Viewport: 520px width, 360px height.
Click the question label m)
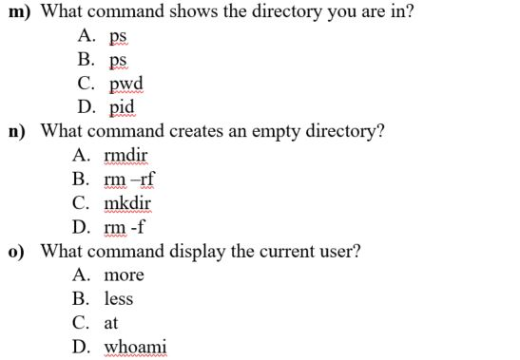(21, 12)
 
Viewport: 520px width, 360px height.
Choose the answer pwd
(124, 85)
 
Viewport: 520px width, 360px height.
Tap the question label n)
(18, 131)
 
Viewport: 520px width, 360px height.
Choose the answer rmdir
(125, 155)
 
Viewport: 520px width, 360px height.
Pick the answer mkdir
(127, 202)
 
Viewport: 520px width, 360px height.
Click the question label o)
(18, 251)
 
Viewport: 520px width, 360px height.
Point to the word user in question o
(341, 251)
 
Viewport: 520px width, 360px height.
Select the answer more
(124, 275)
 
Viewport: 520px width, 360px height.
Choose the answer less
(119, 298)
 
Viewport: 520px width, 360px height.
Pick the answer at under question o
(111, 323)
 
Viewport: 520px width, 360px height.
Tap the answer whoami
(135, 347)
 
